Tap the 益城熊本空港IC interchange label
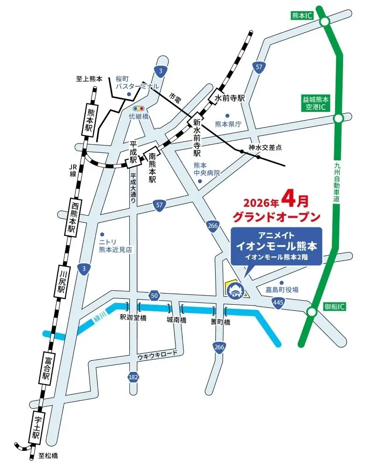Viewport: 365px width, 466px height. (x=316, y=103)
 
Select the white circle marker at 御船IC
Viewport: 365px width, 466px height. (x=312, y=312)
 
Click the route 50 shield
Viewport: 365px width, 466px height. (x=154, y=295)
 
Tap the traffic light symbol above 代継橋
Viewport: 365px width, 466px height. (x=138, y=109)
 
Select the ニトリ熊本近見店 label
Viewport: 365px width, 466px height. (x=115, y=246)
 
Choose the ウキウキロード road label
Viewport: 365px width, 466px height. (x=157, y=355)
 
